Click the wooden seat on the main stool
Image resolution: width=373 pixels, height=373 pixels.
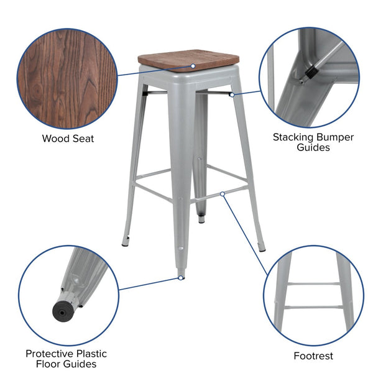186,60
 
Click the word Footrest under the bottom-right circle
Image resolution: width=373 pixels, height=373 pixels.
313,356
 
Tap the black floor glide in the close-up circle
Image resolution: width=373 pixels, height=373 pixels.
62,308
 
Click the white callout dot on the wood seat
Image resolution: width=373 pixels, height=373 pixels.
193,66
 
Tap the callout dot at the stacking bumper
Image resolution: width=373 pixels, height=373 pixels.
231,94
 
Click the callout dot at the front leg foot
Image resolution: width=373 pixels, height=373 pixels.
181,278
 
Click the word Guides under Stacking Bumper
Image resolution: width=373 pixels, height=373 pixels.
313,148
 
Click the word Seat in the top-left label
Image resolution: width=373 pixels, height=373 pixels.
83,138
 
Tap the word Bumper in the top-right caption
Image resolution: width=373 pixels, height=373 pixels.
336,137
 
